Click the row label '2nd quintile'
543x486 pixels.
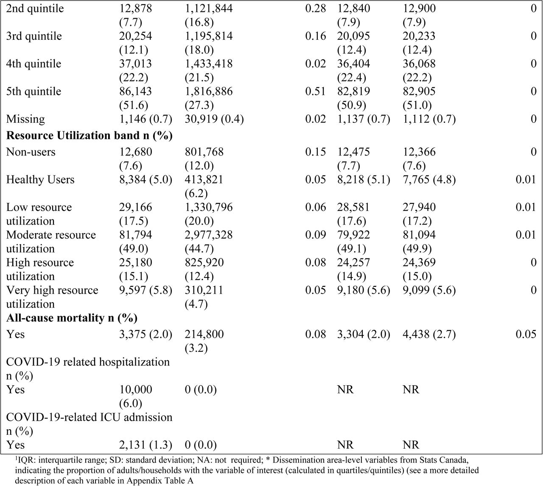click(35, 8)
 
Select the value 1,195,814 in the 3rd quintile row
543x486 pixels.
click(209, 36)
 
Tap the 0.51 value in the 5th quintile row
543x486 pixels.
click(315, 91)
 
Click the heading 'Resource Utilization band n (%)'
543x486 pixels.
click(89, 136)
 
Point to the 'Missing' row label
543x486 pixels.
click(25, 119)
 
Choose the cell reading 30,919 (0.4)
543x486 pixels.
click(214, 119)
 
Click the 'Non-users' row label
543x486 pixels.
click(31, 152)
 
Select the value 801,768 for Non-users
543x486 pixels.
click(204, 152)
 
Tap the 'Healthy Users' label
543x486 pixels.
click(40, 180)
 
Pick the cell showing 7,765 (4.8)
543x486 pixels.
click(429, 180)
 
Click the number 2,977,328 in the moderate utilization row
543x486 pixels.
click(209, 235)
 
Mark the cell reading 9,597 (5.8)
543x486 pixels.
click(146, 290)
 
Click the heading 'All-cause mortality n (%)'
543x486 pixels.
click(72, 318)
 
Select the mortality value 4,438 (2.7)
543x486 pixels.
click(429, 334)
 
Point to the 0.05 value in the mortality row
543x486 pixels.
click(526, 334)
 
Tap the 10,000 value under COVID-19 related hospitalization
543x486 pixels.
click(136, 389)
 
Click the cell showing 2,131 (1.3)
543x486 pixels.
click(146, 445)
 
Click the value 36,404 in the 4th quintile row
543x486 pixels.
click(353, 64)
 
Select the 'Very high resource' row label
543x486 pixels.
click(52, 290)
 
